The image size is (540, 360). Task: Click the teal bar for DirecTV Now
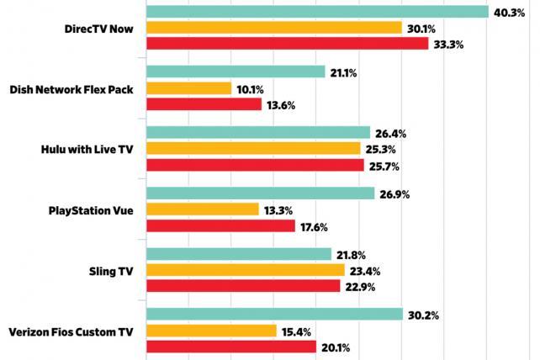(317, 12)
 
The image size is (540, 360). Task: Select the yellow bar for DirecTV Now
(274, 28)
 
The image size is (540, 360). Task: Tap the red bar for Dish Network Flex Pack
(204, 104)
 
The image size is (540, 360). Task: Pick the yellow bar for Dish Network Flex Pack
(189, 88)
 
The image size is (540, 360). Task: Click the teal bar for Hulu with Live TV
(258, 133)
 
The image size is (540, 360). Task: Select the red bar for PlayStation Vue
(221, 225)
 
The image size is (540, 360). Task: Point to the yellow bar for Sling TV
(246, 270)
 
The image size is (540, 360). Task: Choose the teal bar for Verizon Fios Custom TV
(274, 315)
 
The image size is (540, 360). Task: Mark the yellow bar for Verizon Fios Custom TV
(212, 331)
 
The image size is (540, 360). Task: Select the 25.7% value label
(384, 165)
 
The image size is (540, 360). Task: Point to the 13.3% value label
(278, 209)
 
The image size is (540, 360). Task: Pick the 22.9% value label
(360, 286)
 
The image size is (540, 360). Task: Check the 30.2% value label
(422, 315)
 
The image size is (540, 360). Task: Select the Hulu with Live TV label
(87, 149)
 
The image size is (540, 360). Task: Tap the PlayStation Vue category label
(92, 209)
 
